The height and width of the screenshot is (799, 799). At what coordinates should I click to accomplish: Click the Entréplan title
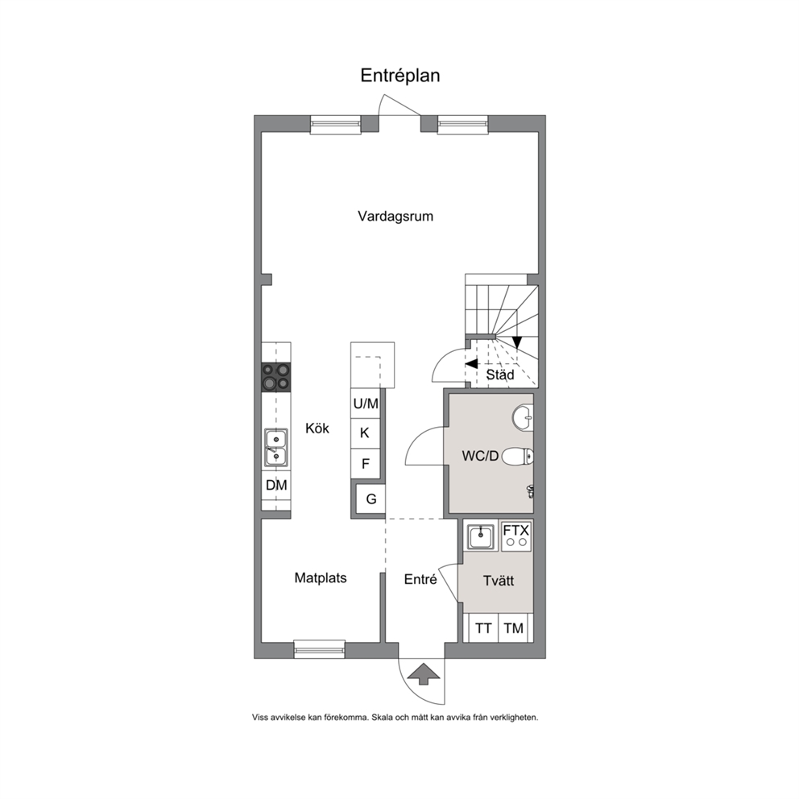pyautogui.click(x=400, y=76)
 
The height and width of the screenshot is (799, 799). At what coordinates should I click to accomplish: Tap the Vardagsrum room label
pyautogui.click(x=395, y=216)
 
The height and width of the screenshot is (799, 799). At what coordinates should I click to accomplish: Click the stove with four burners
pyautogui.click(x=276, y=377)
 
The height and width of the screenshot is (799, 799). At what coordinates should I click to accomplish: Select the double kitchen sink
pyautogui.click(x=275, y=447)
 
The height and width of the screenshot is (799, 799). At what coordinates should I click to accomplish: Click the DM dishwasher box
pyautogui.click(x=276, y=485)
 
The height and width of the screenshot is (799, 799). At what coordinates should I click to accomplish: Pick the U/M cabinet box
pyautogui.click(x=366, y=404)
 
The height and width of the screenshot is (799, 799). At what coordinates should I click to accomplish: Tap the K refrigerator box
pyautogui.click(x=366, y=433)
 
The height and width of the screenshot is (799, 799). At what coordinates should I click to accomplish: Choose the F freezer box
pyautogui.click(x=366, y=464)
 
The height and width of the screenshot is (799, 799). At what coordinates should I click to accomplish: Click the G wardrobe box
pyautogui.click(x=371, y=499)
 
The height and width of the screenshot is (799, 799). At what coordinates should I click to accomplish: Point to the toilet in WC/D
pyautogui.click(x=518, y=457)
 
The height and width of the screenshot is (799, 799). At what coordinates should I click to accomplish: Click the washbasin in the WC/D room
pyautogui.click(x=522, y=417)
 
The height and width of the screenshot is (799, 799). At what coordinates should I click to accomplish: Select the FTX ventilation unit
pyautogui.click(x=516, y=536)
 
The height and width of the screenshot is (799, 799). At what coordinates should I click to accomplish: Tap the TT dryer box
pyautogui.click(x=483, y=628)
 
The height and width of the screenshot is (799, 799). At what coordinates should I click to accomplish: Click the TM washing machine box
pyautogui.click(x=514, y=628)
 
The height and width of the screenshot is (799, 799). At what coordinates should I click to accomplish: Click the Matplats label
pyautogui.click(x=321, y=578)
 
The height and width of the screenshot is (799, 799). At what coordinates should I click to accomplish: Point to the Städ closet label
pyautogui.click(x=500, y=375)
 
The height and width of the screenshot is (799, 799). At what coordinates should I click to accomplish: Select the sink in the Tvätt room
pyautogui.click(x=481, y=536)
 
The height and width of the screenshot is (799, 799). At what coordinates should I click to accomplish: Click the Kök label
pyautogui.click(x=317, y=428)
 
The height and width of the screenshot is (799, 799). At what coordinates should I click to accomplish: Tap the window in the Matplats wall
pyautogui.click(x=320, y=648)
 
